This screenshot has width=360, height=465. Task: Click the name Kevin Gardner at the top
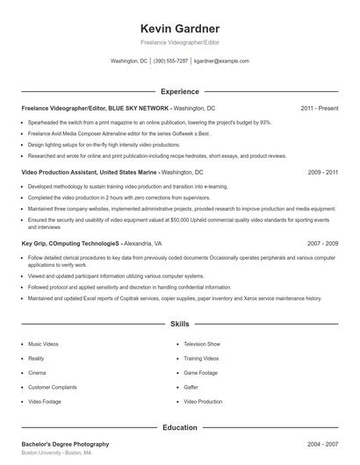tap(179, 28)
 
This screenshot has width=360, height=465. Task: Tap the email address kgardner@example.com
tap(221, 61)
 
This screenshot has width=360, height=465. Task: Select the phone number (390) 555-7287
tap(170, 61)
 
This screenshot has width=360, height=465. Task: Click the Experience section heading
tap(179, 91)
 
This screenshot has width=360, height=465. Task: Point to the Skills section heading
tap(179, 324)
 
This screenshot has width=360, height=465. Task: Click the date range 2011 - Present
tap(319, 108)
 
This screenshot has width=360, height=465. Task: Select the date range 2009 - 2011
tap(323, 173)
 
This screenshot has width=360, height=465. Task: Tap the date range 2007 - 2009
tap(323, 242)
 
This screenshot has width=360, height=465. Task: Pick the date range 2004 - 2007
tap(323, 445)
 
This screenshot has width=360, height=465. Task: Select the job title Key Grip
tap(34, 242)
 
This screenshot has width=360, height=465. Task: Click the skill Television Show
tap(202, 344)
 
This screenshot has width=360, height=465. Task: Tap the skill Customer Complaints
tap(52, 387)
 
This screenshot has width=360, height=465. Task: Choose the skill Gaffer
tap(191, 387)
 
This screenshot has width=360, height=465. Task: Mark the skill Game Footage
tap(201, 373)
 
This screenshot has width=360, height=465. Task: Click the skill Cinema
tap(37, 373)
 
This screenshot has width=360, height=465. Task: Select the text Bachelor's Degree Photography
tap(65, 445)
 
